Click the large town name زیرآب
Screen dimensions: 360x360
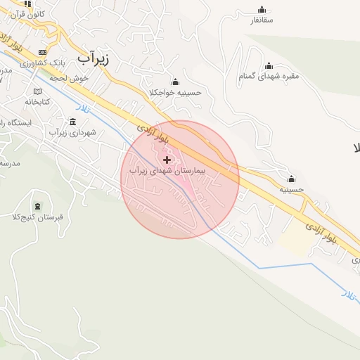(x=94, y=56)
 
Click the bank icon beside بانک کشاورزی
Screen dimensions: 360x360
(x=43, y=53)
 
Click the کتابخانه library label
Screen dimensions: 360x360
(x=37, y=102)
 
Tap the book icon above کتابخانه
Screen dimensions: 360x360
(x=37, y=91)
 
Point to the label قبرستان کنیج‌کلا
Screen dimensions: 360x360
(x=39, y=217)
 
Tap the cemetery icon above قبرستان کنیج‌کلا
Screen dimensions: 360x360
(x=37, y=206)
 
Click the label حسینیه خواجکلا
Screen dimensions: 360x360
(x=175, y=93)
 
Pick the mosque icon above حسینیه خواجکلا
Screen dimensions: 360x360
(x=175, y=82)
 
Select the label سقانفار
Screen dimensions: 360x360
(x=262, y=20)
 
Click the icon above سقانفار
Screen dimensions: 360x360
(x=262, y=9)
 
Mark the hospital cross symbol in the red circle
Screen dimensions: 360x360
(x=167, y=160)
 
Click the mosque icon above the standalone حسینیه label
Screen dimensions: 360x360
(x=291, y=178)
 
